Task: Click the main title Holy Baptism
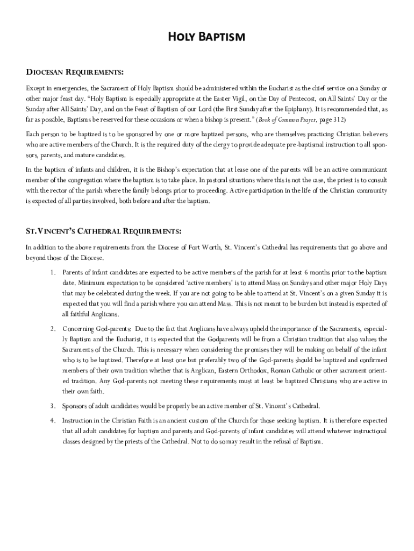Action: point(207,37)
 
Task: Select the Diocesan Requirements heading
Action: point(75,72)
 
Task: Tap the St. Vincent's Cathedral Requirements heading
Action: point(104,231)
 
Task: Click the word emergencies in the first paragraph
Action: point(69,88)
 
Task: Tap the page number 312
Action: point(338,119)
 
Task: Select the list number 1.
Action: point(53,273)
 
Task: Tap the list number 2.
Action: point(53,328)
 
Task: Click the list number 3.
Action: point(53,406)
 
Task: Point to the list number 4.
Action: point(53,420)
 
